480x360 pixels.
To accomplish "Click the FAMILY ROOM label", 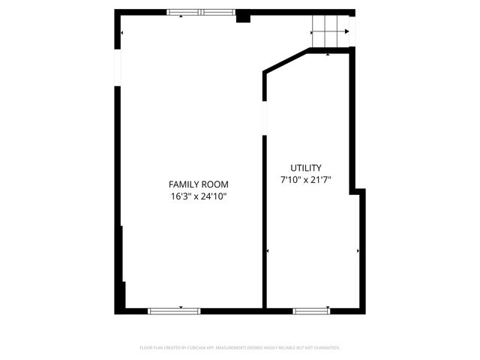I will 198,184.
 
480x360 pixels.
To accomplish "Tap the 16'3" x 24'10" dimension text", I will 198,197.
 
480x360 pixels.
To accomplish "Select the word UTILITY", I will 306,168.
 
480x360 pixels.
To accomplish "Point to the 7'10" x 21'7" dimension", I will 306,180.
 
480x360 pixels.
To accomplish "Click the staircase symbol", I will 330,31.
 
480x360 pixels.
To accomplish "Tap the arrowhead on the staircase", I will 346,31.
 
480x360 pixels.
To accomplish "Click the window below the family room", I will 174,310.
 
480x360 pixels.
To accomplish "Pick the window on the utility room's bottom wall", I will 310,310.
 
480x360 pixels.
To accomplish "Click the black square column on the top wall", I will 243,16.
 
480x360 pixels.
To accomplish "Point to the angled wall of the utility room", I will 286,61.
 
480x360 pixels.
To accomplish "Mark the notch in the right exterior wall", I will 359,192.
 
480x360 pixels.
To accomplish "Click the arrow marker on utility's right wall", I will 358,250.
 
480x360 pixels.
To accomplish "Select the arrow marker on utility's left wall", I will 268,250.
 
